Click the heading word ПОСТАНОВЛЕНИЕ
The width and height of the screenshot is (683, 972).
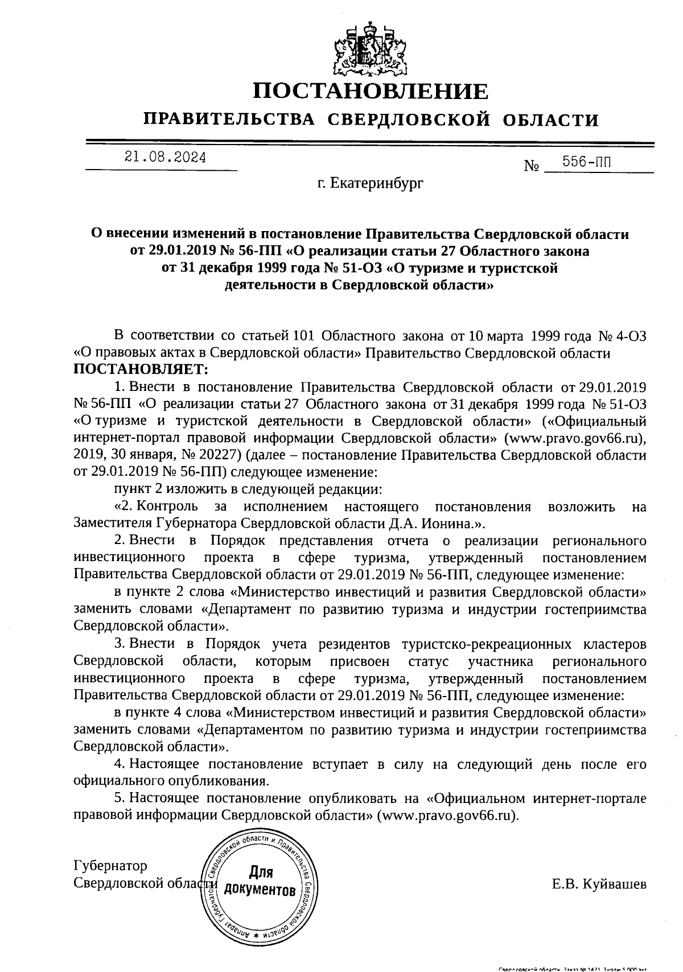coord(371,91)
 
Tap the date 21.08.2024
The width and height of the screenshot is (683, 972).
coord(166,158)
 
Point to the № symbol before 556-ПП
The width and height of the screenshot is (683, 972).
coord(532,166)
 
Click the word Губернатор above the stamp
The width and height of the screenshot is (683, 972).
coord(110,866)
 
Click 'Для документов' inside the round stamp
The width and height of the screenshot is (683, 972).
coord(260,881)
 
